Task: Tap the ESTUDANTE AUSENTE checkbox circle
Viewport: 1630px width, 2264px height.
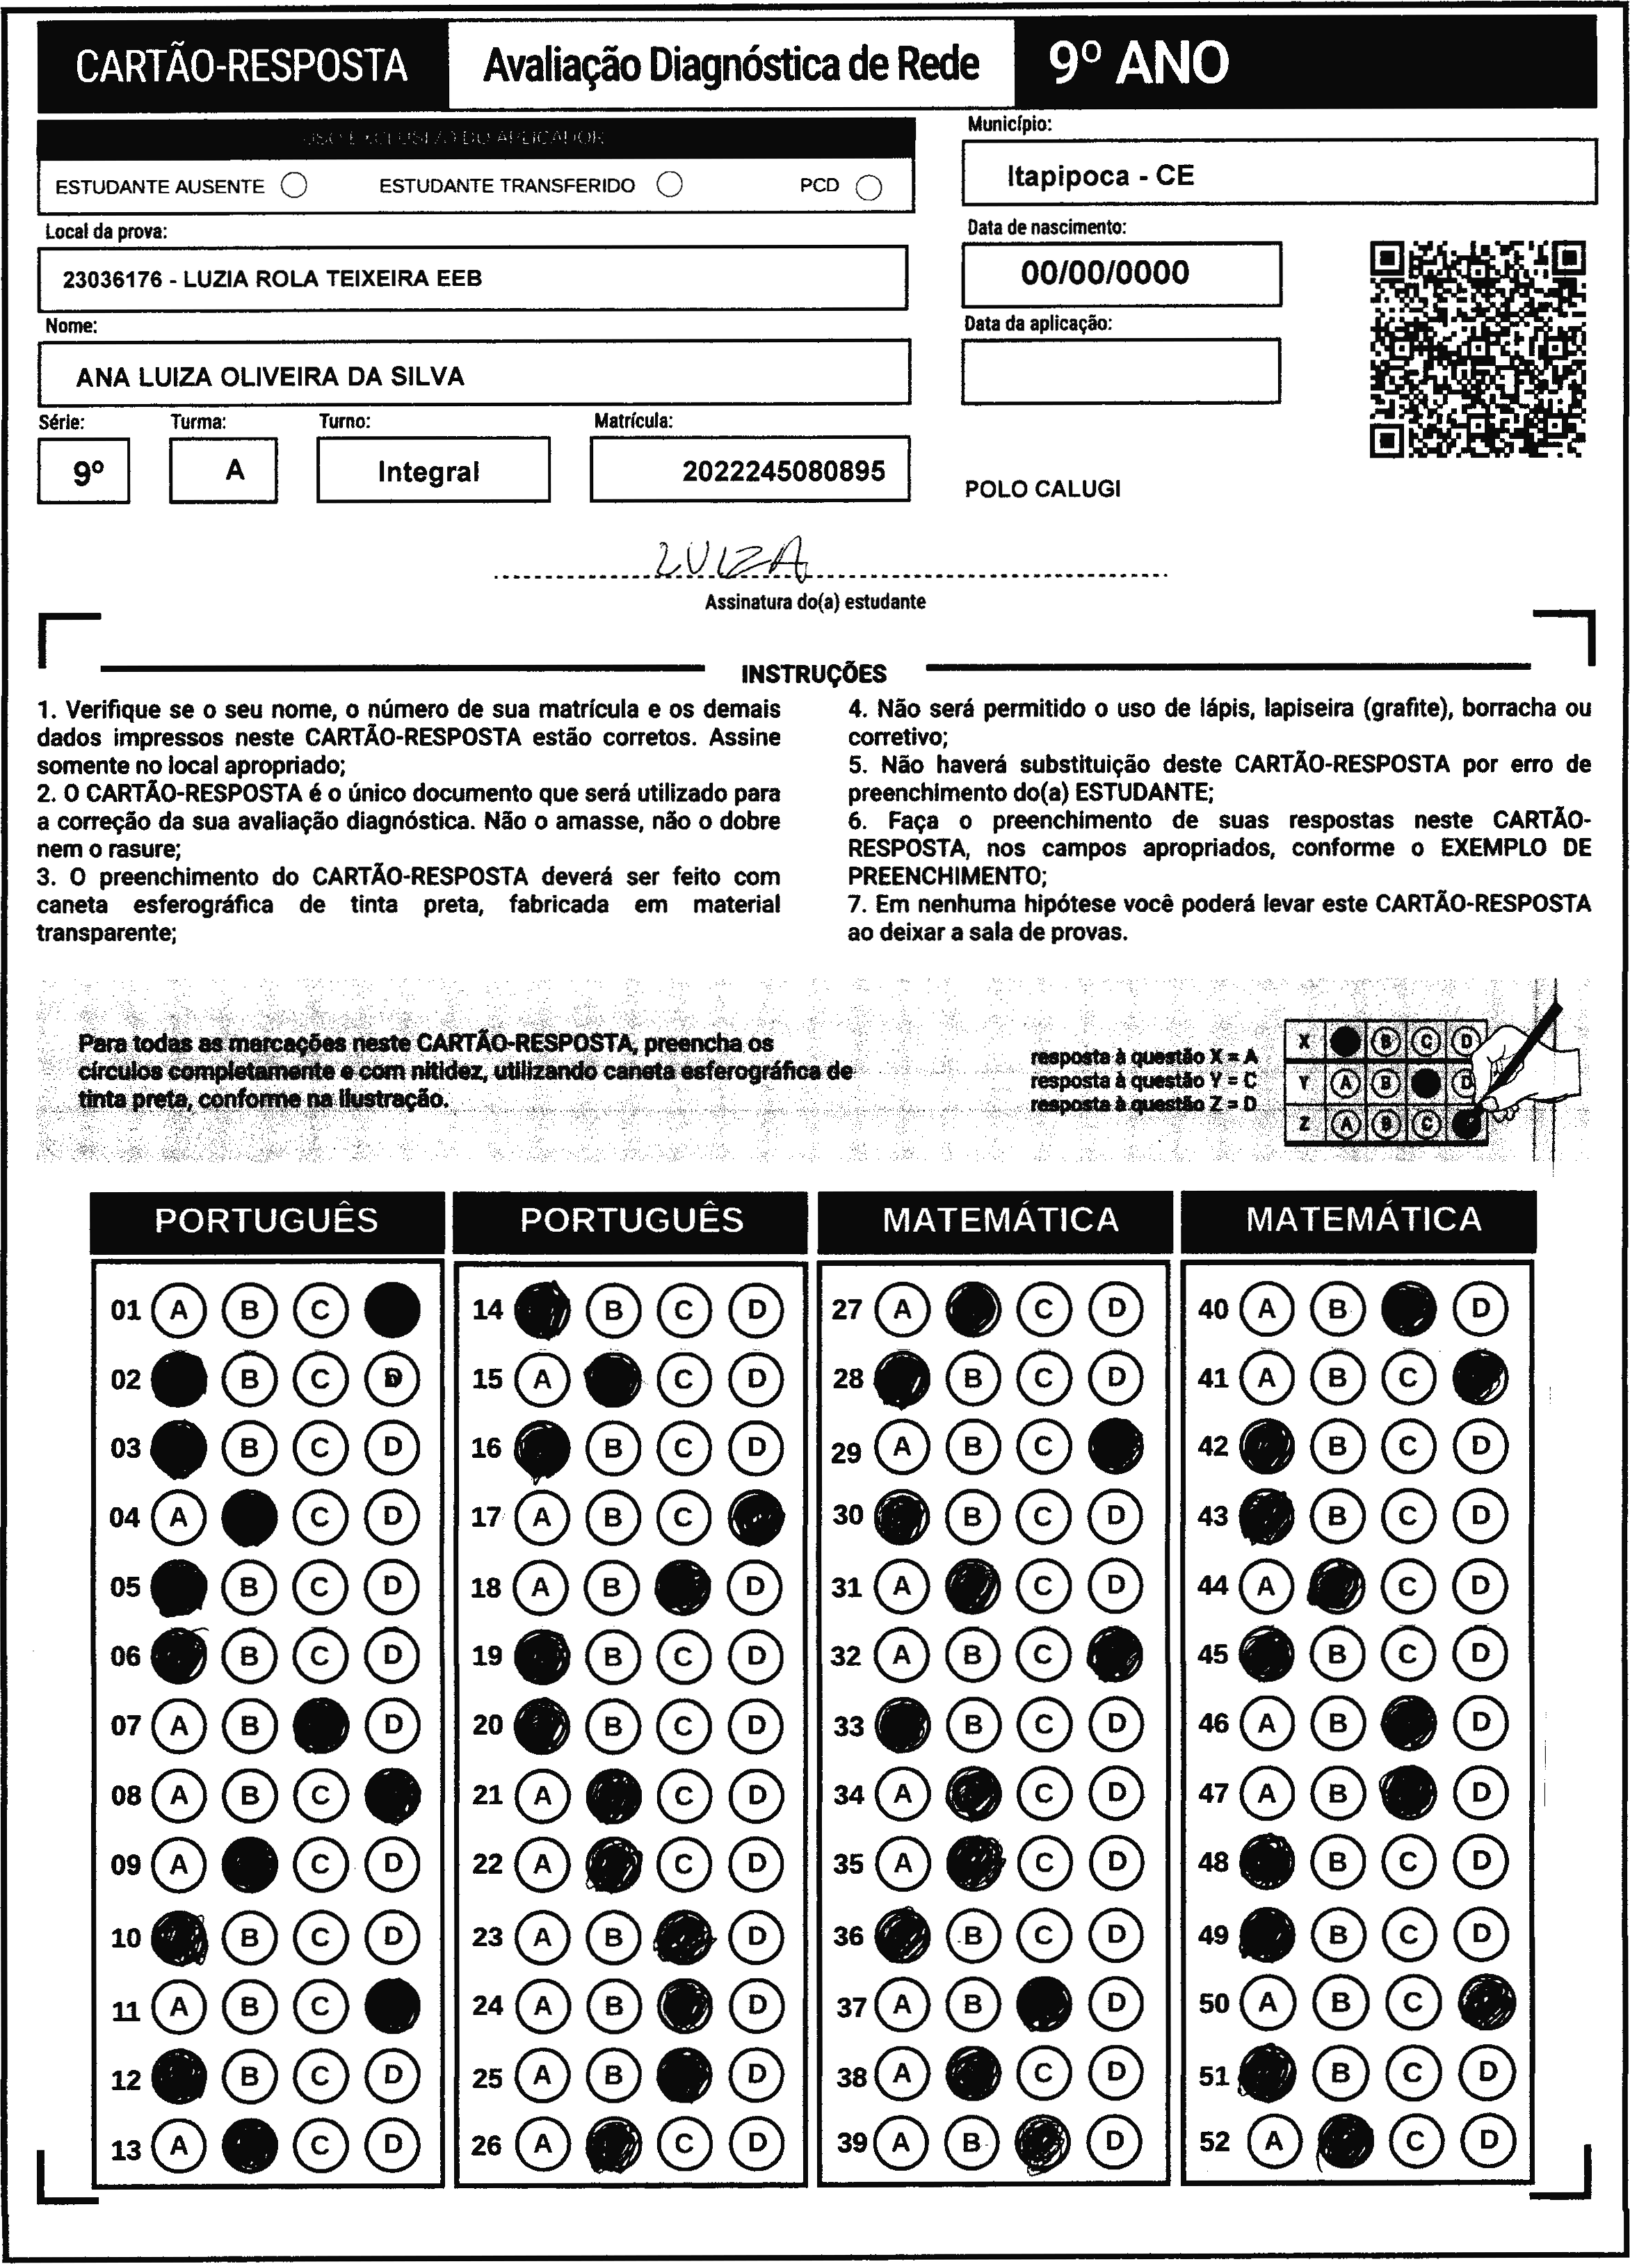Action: pos(294,186)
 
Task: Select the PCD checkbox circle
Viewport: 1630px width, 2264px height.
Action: pos(869,188)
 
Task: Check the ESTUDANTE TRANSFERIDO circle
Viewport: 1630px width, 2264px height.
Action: pos(670,185)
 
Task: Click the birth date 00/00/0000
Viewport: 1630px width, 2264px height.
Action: pos(1104,273)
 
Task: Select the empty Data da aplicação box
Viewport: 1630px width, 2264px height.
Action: pos(1120,370)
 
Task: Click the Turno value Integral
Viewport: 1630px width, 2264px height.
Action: pos(428,471)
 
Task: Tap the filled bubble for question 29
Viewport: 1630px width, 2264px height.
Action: pos(1116,1447)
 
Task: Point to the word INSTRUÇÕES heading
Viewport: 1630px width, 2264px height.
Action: pos(814,674)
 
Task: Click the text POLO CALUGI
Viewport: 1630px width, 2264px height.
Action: pos(1042,489)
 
